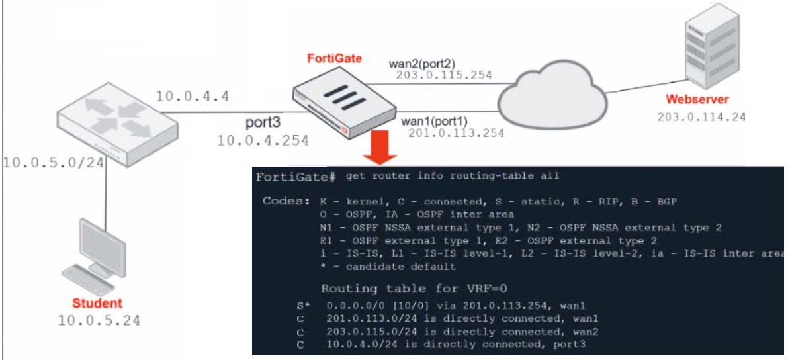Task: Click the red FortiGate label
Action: pyautogui.click(x=334, y=58)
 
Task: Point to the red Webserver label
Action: pyautogui.click(x=697, y=100)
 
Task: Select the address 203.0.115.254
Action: pyautogui.click(x=444, y=75)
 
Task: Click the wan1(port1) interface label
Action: pyautogui.click(x=435, y=121)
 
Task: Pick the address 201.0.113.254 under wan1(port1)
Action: pyautogui.click(x=457, y=134)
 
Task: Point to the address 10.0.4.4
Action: pyautogui.click(x=192, y=97)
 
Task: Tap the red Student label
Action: pyautogui.click(x=98, y=304)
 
